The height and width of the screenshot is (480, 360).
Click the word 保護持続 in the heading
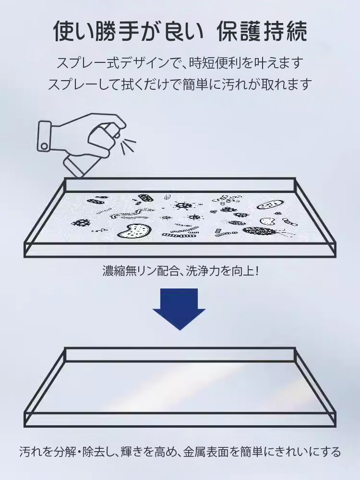coord(262,32)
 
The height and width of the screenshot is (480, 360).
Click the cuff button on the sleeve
coord(44,144)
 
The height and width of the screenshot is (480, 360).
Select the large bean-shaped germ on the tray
coord(133,230)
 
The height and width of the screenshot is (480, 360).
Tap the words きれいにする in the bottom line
coord(308,452)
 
